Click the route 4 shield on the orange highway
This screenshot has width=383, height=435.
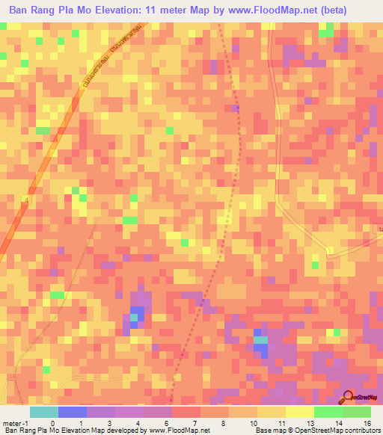point(25,199)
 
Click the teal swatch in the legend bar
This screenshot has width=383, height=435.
point(43,412)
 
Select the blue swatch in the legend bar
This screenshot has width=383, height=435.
point(72,412)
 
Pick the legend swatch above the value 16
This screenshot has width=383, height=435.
point(357,412)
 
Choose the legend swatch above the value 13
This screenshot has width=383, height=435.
point(300,412)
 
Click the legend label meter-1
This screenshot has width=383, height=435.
point(13,422)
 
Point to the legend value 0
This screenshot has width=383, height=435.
point(52,422)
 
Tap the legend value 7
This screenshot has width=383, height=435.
point(195,422)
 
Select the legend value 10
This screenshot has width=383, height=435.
point(252,422)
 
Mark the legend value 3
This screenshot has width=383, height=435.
point(109,422)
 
